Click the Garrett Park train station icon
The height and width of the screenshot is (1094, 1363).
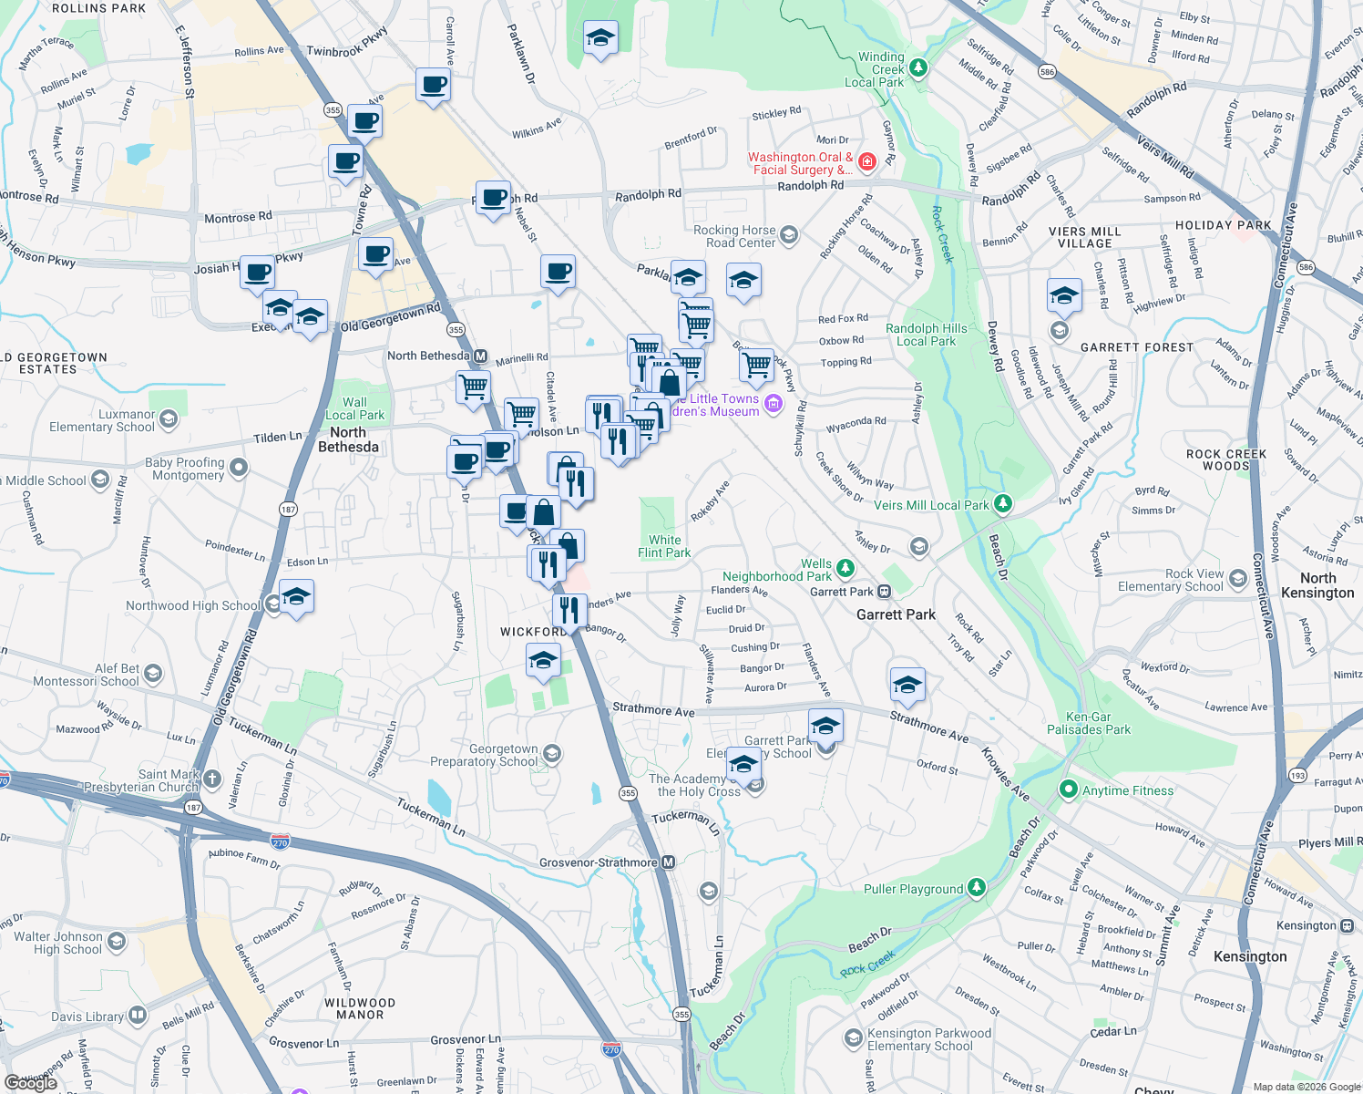[884, 592]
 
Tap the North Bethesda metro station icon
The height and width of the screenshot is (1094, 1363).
[480, 356]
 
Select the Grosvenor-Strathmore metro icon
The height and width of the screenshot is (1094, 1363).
[669, 862]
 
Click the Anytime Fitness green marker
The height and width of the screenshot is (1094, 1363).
[1068, 790]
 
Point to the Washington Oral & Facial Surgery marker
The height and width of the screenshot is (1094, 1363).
[866, 162]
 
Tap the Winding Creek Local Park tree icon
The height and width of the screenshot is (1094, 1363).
[918, 67]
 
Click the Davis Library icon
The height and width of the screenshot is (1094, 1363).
[138, 1014]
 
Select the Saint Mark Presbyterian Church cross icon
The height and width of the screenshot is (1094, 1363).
[212, 779]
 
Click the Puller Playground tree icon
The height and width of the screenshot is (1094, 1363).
[977, 887]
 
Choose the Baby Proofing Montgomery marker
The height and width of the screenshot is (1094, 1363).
[239, 468]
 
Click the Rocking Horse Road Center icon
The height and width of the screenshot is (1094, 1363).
[789, 235]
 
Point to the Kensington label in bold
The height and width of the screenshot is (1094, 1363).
[1250, 956]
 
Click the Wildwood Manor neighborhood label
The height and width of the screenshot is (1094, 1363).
[360, 1008]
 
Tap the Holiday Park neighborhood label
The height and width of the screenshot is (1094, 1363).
[1223, 225]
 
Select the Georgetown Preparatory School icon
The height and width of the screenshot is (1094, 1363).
[551, 754]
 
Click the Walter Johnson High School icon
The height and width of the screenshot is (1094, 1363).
[117, 941]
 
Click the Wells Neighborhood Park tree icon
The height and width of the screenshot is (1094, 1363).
[845, 569]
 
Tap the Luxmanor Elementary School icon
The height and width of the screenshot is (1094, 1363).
[169, 419]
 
